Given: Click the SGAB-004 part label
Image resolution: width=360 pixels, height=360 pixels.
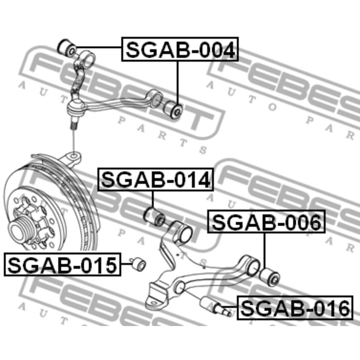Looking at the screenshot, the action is pos(180,49).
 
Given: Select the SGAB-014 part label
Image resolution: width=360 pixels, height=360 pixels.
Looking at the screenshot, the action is pos(156,179).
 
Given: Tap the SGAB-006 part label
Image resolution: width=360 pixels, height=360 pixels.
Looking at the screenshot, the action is pos(266,222).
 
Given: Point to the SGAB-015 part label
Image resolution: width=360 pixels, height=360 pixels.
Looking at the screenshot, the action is pos(62,264).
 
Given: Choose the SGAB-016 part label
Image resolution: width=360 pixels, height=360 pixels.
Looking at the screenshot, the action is pos(295,308).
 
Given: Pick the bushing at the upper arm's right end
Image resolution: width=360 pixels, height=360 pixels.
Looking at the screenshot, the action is pos(173,110).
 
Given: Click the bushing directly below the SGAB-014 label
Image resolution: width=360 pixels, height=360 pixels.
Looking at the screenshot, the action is pos(154,216).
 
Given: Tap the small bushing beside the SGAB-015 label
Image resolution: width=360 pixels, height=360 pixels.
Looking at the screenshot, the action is pos(138,263).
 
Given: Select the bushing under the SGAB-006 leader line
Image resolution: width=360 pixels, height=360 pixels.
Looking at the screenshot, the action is pos(269,276).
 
